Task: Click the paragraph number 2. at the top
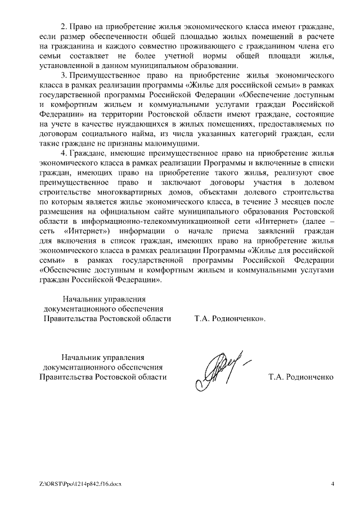point(63,26)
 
